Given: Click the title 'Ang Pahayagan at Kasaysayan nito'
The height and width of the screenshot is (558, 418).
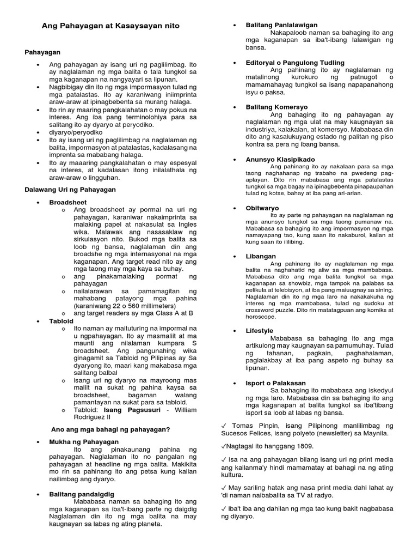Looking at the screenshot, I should click(110, 26).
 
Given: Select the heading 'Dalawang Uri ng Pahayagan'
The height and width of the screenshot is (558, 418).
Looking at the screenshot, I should click(70, 189).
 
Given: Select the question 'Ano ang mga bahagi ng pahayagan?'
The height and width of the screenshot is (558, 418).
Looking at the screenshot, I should click(111, 429).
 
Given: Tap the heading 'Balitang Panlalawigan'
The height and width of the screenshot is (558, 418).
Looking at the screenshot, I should click(281, 25).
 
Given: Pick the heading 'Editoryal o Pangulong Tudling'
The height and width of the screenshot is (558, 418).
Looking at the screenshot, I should click(295, 63).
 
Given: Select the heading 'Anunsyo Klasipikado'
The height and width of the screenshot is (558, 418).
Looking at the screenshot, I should click(280, 159).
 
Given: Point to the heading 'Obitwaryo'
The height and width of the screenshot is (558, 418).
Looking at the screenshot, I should click(262, 208).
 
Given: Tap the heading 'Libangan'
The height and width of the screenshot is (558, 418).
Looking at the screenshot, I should click(261, 256).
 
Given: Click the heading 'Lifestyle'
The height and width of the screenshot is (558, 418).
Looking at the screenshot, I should click(259, 331).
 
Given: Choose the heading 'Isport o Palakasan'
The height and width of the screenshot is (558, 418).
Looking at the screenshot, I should click(275, 384).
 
